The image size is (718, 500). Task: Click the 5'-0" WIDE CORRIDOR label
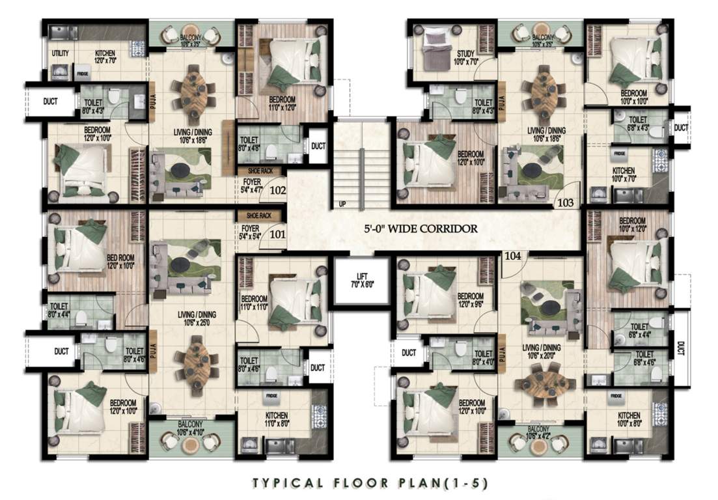[421, 229]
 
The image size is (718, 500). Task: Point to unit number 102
[277, 191]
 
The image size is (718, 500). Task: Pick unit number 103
[566, 202]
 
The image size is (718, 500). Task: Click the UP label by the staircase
[342, 204]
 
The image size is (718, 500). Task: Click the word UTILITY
[61, 53]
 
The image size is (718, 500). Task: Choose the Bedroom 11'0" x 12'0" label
[282, 104]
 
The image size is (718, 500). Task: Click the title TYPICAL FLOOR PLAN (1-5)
[370, 483]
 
